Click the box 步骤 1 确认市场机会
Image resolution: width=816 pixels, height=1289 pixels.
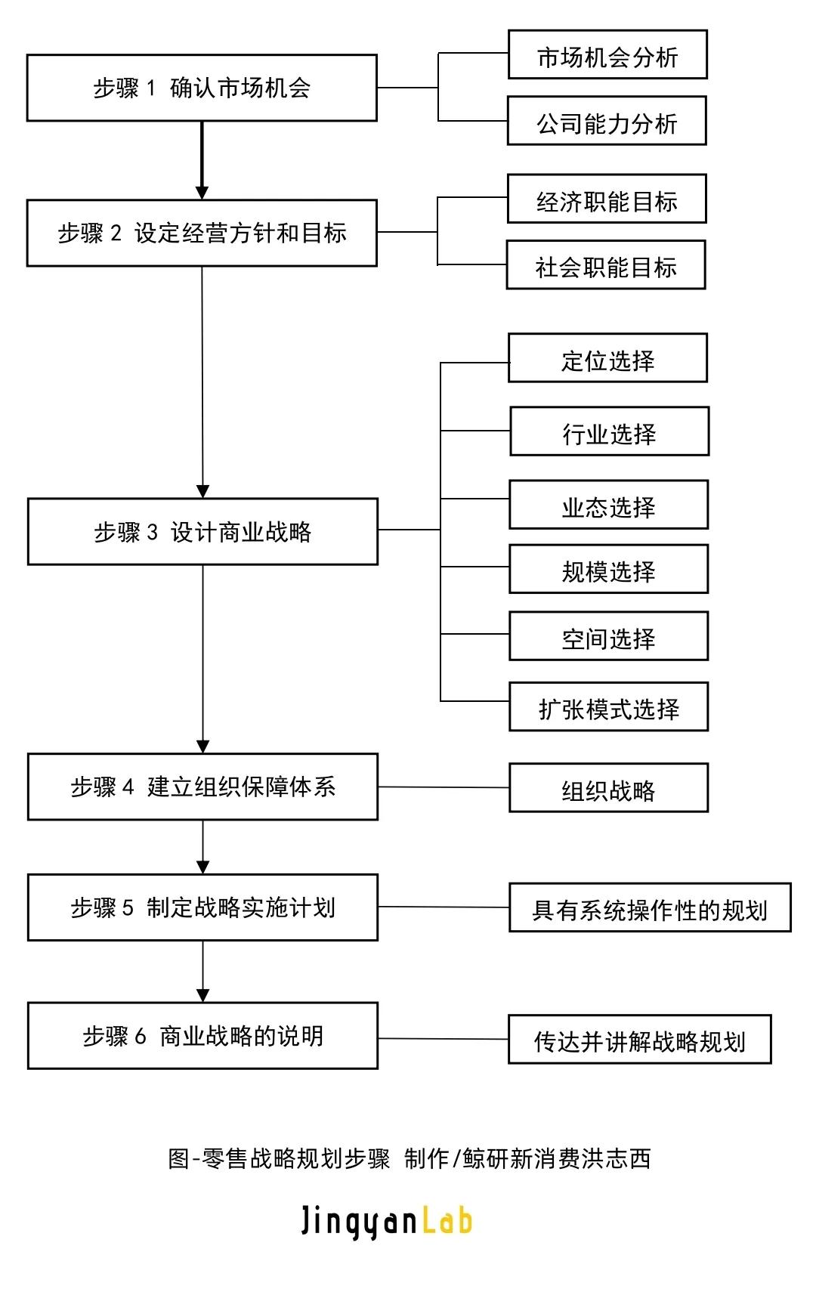(202, 88)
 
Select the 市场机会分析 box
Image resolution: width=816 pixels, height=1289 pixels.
(607, 55)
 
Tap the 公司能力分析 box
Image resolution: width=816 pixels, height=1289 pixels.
(607, 121)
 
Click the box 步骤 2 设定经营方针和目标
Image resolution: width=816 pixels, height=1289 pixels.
(202, 233)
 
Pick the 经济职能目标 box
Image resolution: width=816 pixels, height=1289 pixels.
(607, 199)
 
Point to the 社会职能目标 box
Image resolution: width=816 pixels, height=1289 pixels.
(606, 265)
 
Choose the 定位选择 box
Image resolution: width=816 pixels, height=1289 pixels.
(608, 358)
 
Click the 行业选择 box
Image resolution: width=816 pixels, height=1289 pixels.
(610, 431)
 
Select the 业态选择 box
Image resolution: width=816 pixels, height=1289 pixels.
(609, 505)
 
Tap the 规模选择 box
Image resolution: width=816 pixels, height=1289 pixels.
(609, 569)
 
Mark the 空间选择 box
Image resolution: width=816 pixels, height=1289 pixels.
(609, 637)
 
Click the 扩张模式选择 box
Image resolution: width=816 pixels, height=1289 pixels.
(609, 707)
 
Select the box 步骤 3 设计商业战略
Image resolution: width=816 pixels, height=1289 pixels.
(202, 532)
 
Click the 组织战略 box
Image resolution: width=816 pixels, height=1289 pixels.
(609, 788)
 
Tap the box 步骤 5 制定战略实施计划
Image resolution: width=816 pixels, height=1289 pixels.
(202, 907)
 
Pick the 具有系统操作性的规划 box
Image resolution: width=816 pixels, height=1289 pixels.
(650, 908)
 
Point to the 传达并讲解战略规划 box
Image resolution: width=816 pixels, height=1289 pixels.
(640, 1040)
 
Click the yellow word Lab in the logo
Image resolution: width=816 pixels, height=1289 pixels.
(447, 1221)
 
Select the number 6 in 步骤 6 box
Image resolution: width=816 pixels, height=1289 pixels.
(140, 1036)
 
